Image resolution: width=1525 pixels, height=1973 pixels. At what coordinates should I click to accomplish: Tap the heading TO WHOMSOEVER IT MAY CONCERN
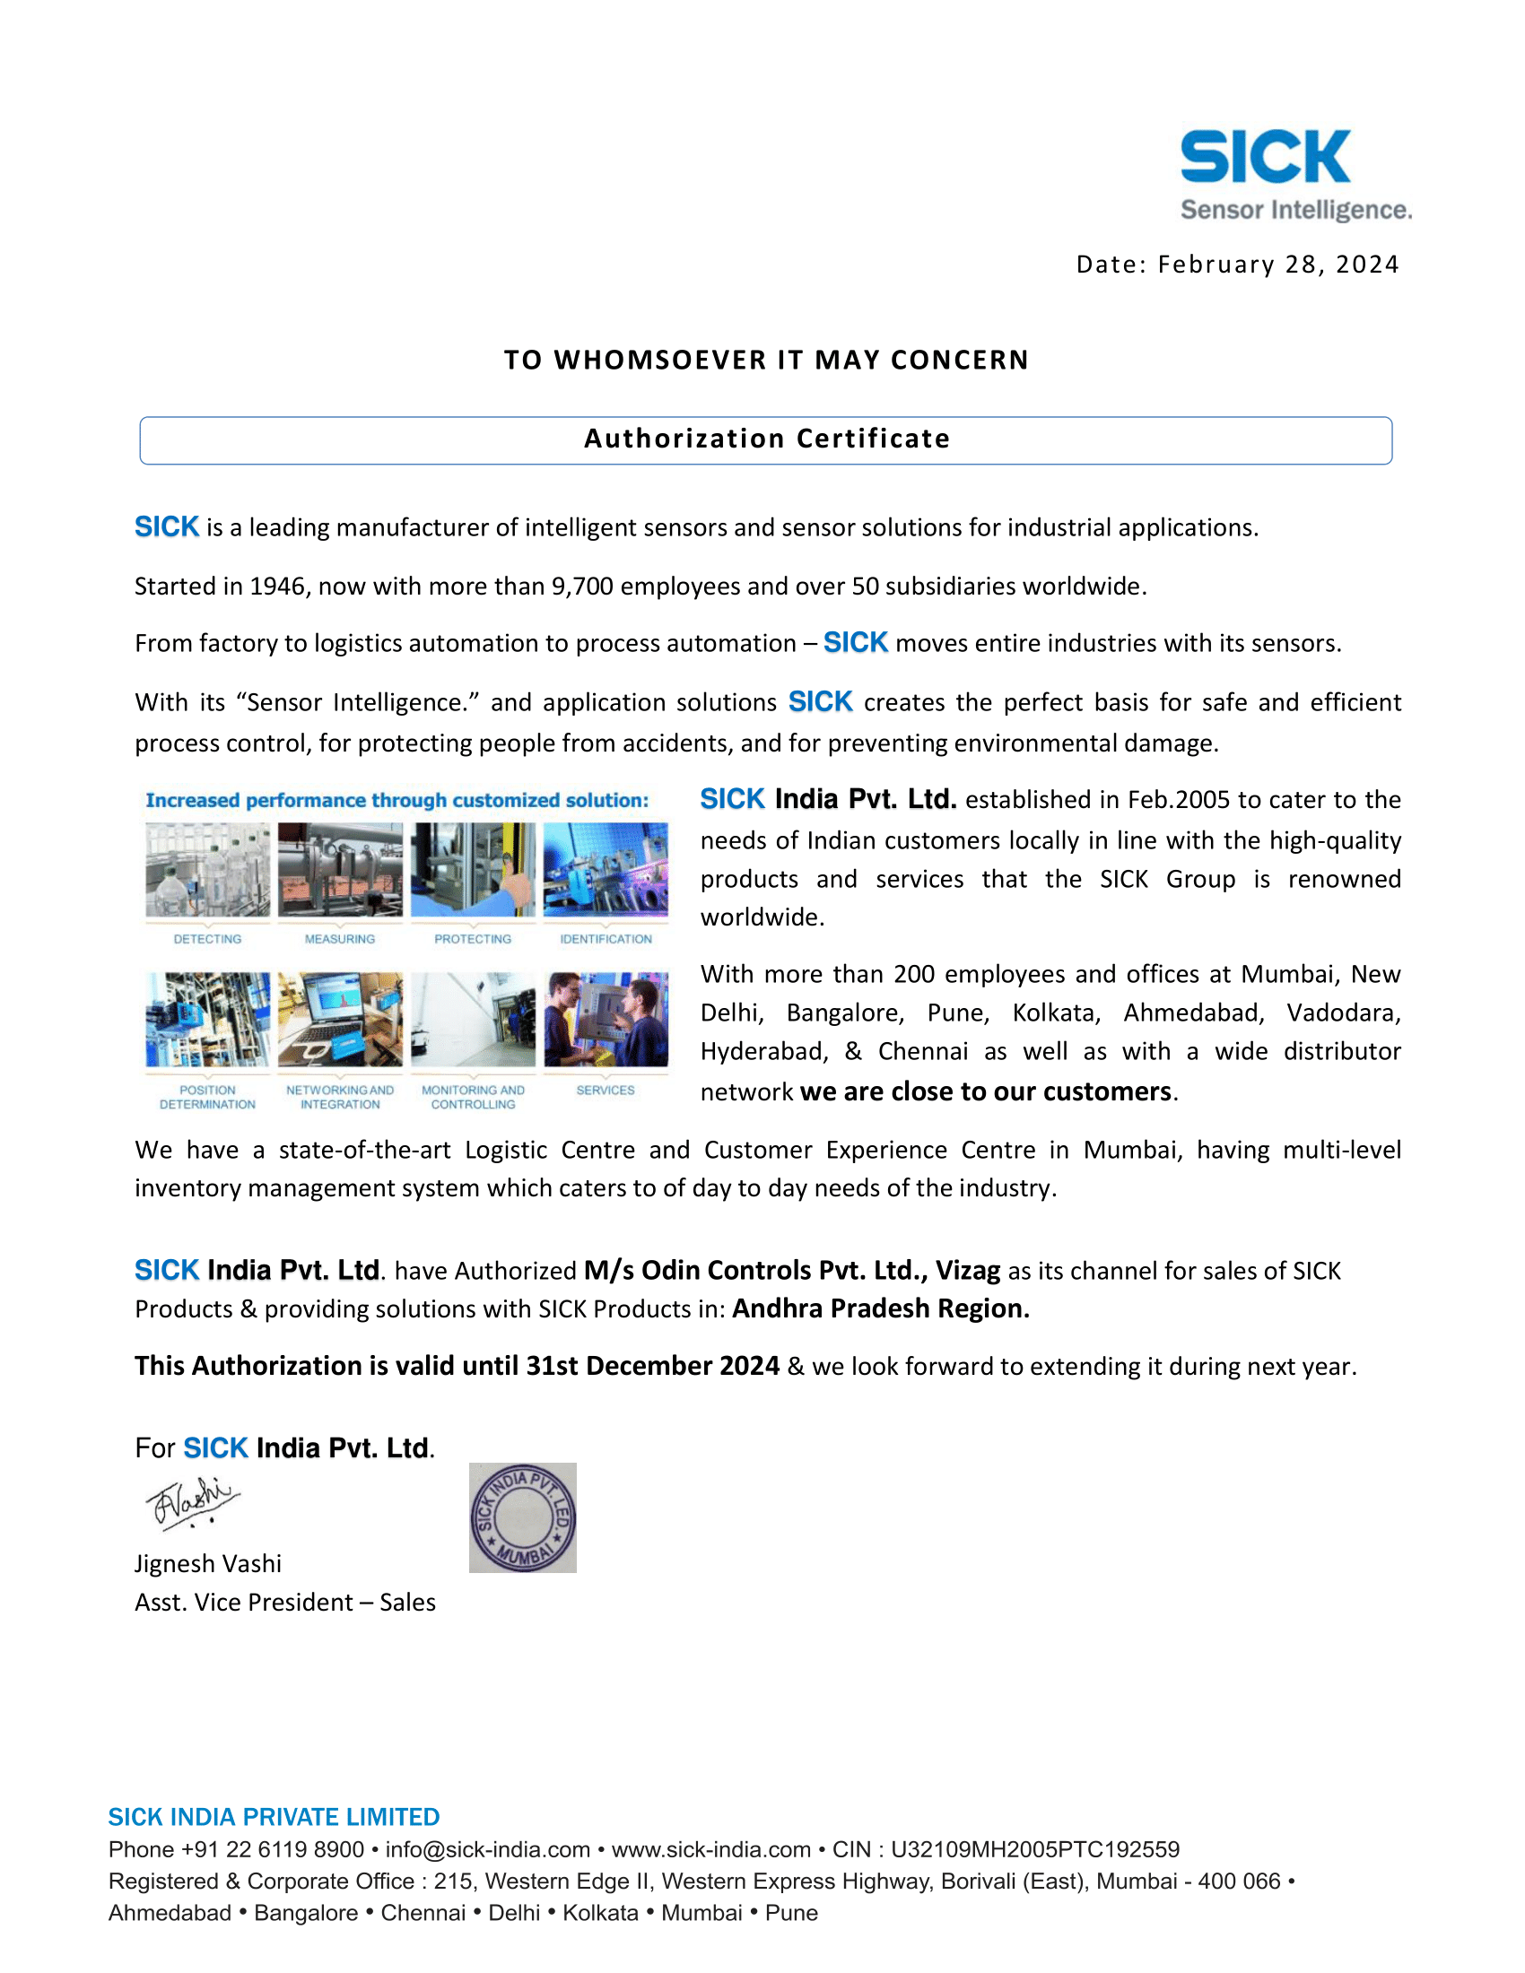pyautogui.click(x=766, y=360)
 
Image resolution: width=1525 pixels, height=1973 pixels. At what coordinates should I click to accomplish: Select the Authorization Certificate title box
pyautogui.click(x=766, y=440)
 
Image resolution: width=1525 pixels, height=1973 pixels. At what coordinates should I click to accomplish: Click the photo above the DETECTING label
pyautogui.click(x=208, y=870)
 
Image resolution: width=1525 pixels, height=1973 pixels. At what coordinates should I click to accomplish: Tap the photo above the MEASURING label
pyautogui.click(x=341, y=870)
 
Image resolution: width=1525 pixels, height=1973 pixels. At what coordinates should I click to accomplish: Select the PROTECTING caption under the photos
pyautogui.click(x=473, y=940)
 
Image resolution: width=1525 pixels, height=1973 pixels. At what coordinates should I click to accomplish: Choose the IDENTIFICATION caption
pyautogui.click(x=606, y=940)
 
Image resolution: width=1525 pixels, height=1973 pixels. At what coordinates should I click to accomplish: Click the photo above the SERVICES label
pyautogui.click(x=606, y=1020)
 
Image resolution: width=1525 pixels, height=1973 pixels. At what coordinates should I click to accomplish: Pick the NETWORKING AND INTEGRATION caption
pyautogui.click(x=341, y=1098)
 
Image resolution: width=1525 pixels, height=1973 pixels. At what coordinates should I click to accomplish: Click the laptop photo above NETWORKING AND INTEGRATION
pyautogui.click(x=341, y=1020)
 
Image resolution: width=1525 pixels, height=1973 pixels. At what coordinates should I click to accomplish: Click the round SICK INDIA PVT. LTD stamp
pyautogui.click(x=523, y=1518)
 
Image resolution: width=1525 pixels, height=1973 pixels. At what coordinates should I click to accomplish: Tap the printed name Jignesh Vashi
pyautogui.click(x=209, y=1564)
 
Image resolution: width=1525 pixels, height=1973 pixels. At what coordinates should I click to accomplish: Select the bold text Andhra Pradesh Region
pyautogui.click(x=881, y=1309)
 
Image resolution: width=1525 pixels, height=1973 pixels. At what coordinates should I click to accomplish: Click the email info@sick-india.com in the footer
pyautogui.click(x=488, y=1850)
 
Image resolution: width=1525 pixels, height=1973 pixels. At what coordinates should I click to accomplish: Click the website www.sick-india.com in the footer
pyautogui.click(x=711, y=1850)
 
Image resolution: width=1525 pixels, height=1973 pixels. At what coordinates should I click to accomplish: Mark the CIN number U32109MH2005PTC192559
pyautogui.click(x=1035, y=1850)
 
